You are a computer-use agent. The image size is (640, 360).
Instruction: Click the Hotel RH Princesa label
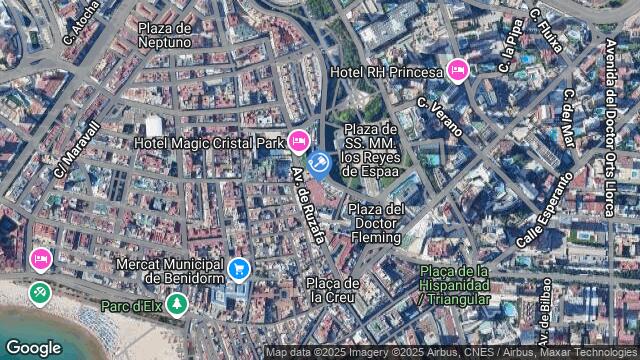pyautogui.click(x=386, y=72)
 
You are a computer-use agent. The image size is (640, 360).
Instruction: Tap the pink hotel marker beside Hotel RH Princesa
pyautogui.click(x=458, y=70)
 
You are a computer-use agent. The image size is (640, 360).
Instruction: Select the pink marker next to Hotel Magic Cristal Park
pyautogui.click(x=298, y=142)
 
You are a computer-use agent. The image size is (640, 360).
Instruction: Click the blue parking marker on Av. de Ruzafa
pyautogui.click(x=319, y=163)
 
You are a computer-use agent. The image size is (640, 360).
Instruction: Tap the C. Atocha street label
pyautogui.click(x=82, y=22)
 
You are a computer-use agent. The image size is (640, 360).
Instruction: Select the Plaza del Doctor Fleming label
pyautogui.click(x=376, y=223)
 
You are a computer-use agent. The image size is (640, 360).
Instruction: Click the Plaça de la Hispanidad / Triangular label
pyautogui.click(x=455, y=285)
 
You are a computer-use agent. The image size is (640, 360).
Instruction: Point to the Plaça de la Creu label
pyautogui.click(x=332, y=289)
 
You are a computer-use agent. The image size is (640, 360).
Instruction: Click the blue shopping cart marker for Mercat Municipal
pyautogui.click(x=238, y=268)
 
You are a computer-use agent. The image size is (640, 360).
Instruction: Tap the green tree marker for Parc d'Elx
pyautogui.click(x=177, y=304)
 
